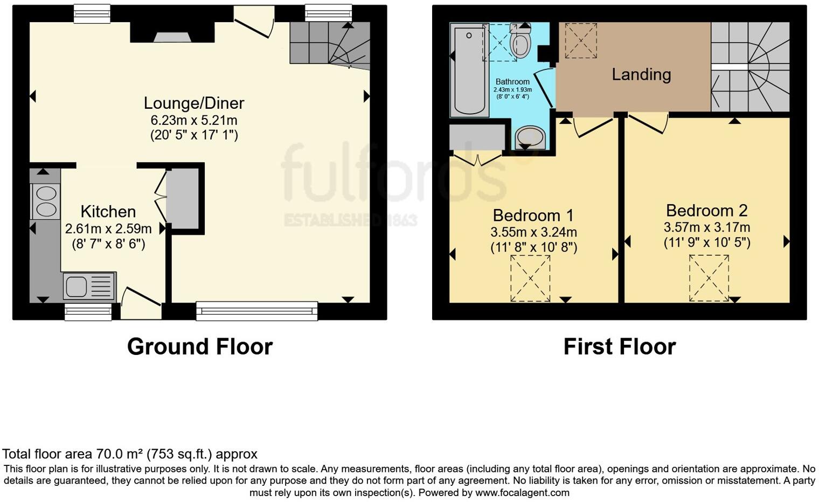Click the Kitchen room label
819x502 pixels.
pyautogui.click(x=108, y=212)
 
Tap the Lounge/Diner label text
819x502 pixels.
pyautogui.click(x=194, y=103)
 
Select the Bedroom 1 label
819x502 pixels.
pyautogui.click(x=533, y=215)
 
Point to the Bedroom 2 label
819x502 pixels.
pyautogui.click(x=706, y=210)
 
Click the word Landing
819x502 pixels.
pyautogui.click(x=641, y=74)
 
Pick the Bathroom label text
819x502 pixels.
pyautogui.click(x=512, y=82)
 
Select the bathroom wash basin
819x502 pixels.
pyautogui.click(x=530, y=137)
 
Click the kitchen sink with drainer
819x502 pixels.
pyautogui.click(x=89, y=286)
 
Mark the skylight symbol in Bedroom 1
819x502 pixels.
pyautogui.click(x=530, y=278)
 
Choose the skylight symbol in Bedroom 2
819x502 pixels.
pyautogui.click(x=709, y=278)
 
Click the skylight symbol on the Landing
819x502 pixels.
pyautogui.click(x=580, y=40)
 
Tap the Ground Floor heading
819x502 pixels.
pyautogui.click(x=199, y=346)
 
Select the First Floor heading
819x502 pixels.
pyautogui.click(x=619, y=346)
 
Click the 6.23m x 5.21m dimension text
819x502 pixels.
pyautogui.click(x=194, y=120)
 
